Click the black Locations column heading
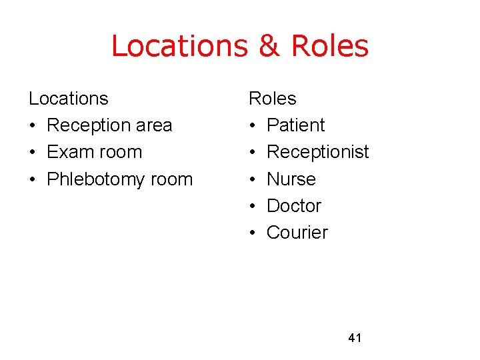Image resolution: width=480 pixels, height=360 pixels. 68,99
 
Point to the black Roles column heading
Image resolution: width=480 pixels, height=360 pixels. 272,99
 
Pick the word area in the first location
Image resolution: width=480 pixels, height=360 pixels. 153,125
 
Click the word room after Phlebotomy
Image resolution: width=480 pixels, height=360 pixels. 170,179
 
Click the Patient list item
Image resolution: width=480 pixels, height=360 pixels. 295,125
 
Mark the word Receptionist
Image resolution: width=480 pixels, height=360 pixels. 317,152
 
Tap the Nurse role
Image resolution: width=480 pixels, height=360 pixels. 291,179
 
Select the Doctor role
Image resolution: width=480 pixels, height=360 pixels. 293,206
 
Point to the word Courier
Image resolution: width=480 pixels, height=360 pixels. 297,233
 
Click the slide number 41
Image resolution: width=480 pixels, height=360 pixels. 355,338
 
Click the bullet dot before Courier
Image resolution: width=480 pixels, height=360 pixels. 253,233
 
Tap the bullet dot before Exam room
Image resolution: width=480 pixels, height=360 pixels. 33,153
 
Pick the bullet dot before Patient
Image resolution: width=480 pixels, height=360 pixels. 253,126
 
